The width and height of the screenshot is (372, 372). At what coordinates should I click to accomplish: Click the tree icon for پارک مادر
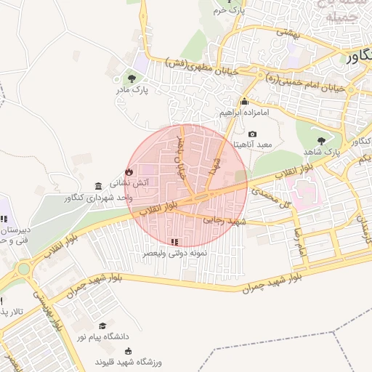tap(132, 78)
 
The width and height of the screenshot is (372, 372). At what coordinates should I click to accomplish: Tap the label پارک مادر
tap(131, 90)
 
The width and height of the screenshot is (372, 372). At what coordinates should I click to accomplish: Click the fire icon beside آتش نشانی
tap(129, 172)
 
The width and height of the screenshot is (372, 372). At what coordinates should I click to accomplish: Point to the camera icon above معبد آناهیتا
tap(252, 134)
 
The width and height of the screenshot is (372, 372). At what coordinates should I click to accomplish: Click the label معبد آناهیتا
tap(251, 145)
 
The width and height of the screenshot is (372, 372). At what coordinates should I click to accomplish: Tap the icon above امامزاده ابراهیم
tap(244, 102)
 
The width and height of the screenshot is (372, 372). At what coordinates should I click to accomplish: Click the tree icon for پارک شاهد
tap(320, 140)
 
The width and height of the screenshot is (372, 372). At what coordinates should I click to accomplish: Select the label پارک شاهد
tap(320, 152)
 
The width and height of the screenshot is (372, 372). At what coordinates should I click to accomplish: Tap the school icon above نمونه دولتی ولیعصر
tap(173, 241)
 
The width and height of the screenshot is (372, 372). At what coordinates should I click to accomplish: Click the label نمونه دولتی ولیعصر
tap(173, 253)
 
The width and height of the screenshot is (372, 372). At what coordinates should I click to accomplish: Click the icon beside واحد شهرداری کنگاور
tap(99, 186)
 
